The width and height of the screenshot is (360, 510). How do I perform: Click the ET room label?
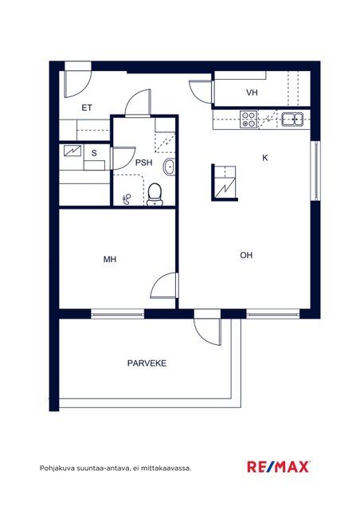pos(87,108)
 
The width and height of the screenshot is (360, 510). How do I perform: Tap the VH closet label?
pos(252,92)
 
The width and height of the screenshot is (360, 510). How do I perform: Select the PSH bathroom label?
pos(143,163)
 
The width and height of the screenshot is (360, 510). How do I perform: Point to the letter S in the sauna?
pos(94,153)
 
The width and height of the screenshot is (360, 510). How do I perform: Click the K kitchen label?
pos(265,158)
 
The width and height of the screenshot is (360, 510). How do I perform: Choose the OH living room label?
pos(246,255)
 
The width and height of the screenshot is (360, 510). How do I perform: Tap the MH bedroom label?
pos(110,259)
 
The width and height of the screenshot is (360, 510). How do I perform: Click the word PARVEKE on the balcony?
pos(147,363)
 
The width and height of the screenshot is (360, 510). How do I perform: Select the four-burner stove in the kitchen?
pos(248,120)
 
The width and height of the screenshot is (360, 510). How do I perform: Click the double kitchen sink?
pos(292,119)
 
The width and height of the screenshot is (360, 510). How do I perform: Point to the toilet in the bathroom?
pos(155,194)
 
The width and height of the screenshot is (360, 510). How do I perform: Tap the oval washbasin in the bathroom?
pos(169,167)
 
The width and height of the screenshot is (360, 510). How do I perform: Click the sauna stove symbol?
pos(72,151)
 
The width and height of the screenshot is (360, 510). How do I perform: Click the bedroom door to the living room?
pos(165,285)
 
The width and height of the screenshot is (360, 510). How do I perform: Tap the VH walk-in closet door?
pos(202,92)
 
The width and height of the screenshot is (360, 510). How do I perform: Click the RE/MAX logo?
pos(278,467)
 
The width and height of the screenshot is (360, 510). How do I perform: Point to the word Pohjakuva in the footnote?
pos(53,469)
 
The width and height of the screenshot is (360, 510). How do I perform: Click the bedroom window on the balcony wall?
pos(117,314)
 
